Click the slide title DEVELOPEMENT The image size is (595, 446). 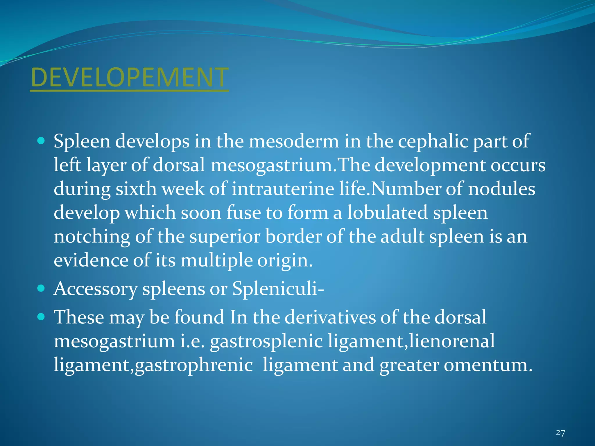130,77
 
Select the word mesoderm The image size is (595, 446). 294,142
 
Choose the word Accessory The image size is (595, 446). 96,289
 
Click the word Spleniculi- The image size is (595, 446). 278,289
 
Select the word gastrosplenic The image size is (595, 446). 266,341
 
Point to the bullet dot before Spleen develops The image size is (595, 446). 41,141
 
